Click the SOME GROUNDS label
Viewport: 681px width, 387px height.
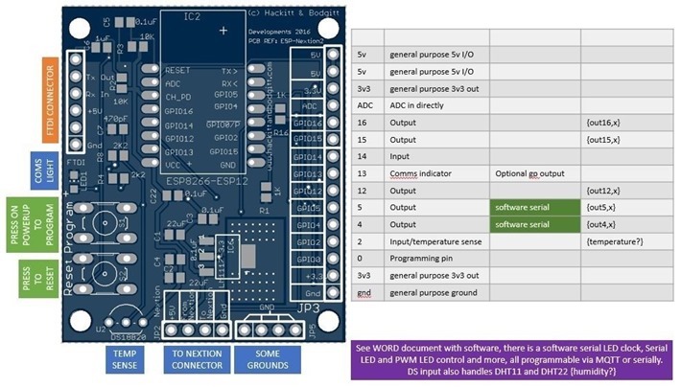(x=271, y=358)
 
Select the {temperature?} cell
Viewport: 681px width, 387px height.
(x=618, y=240)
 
